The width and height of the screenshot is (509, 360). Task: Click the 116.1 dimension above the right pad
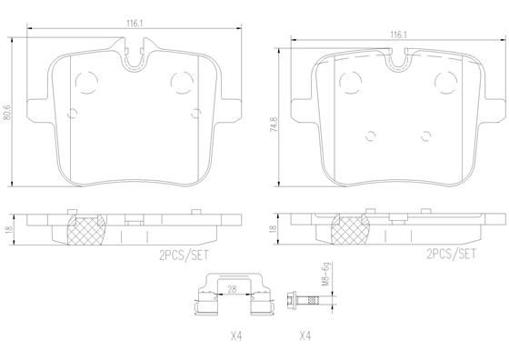397,35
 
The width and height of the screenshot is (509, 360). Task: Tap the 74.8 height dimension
273,125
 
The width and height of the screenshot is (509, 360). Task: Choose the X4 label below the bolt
304,335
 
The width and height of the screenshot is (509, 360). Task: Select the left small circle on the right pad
369,136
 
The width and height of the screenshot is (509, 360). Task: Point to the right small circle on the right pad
425,136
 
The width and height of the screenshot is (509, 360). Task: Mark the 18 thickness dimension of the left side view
8,231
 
